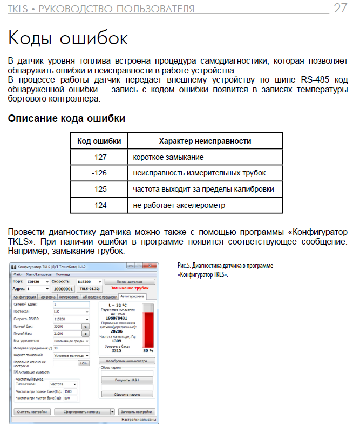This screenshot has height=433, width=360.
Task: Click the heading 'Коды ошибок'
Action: coord(68,38)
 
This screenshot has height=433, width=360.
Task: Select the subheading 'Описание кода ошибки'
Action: coord(66,118)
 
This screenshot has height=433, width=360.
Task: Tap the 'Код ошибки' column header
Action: coord(99,141)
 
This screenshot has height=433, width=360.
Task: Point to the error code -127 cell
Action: coord(99,158)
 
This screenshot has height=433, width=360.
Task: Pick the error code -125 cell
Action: coord(99,190)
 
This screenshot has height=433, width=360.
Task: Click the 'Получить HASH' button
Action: coord(127,380)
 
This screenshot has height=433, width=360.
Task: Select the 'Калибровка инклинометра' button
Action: coord(127,360)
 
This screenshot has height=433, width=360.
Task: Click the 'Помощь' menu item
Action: coord(63,274)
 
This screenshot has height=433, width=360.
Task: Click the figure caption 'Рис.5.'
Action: coord(185,266)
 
